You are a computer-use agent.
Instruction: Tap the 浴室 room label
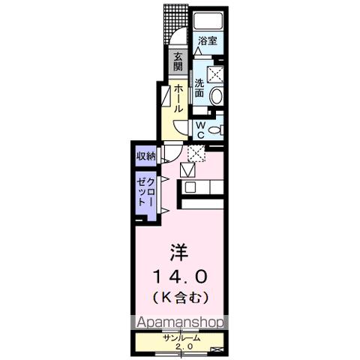[x=208, y=41]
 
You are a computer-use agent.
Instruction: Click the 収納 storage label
[x=145, y=156]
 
